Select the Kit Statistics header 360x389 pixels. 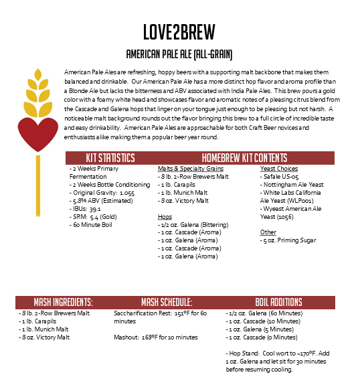coord(110,158)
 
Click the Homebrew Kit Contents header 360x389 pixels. coord(245,158)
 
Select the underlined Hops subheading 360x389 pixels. coord(165,216)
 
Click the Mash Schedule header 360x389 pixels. coord(168,302)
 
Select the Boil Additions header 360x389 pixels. coord(278,302)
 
